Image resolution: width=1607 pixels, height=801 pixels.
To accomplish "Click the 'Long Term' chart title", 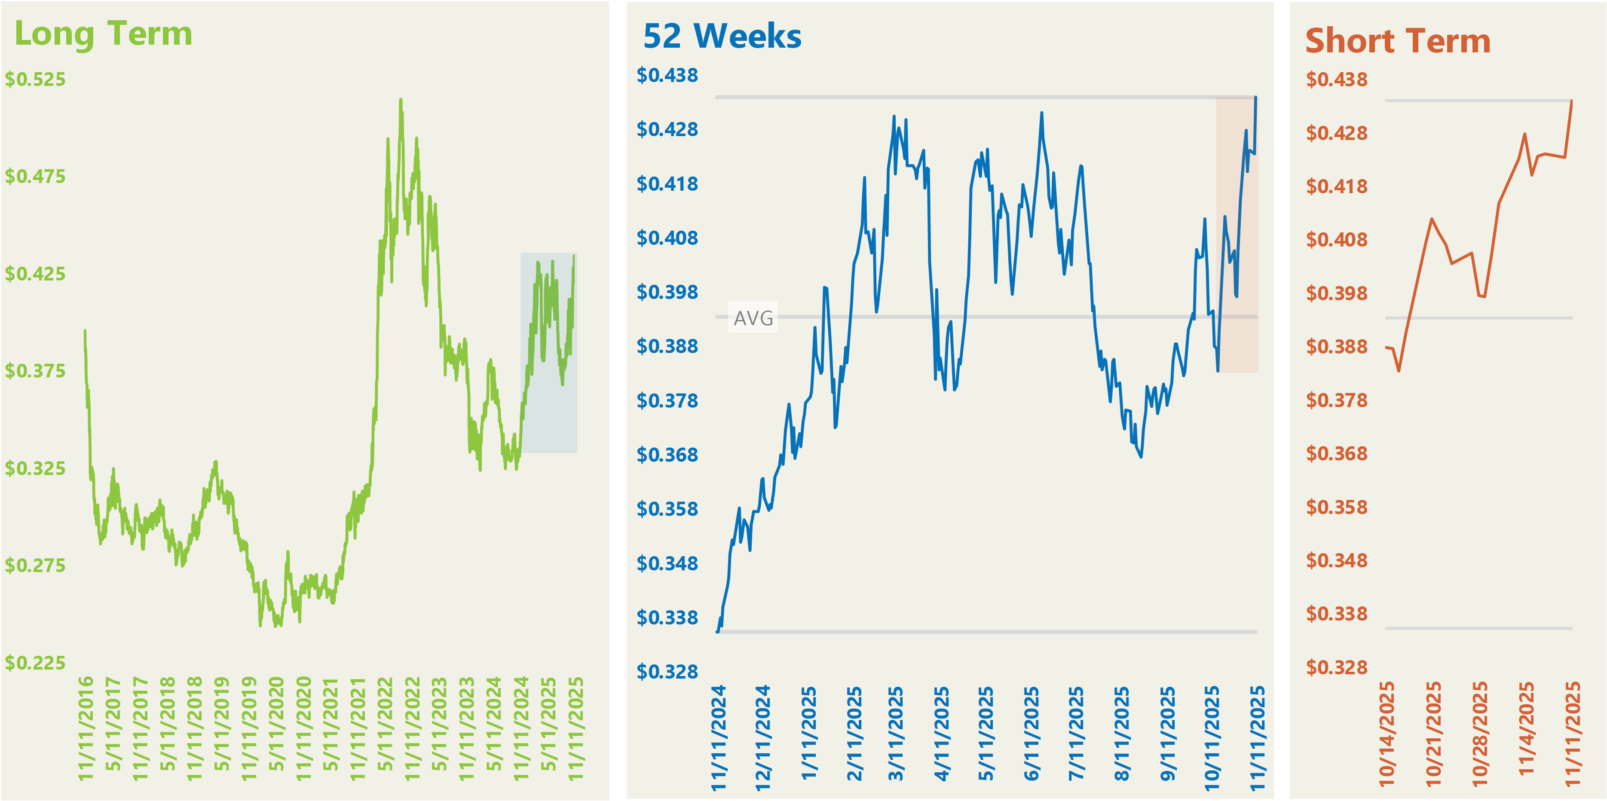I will coord(104,34).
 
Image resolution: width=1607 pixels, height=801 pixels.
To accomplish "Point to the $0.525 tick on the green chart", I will coord(36,79).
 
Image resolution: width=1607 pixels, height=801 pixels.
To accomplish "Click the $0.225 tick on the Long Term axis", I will coord(36,663).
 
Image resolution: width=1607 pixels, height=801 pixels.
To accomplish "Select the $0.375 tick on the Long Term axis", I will coord(36,371).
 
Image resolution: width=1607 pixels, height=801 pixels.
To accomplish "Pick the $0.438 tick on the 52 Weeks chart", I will coord(667,76).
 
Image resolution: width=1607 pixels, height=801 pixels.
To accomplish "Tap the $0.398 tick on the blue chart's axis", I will coord(667,292).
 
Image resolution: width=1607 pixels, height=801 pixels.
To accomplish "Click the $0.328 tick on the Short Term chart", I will coord(1336,667).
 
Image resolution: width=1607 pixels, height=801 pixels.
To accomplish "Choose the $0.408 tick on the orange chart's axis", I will coord(1336,239).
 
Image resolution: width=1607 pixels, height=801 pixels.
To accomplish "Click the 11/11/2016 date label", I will coord(86,728).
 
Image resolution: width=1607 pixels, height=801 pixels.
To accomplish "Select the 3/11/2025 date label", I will coord(896,734).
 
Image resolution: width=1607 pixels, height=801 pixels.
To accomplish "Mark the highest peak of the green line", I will coord(401,100).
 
